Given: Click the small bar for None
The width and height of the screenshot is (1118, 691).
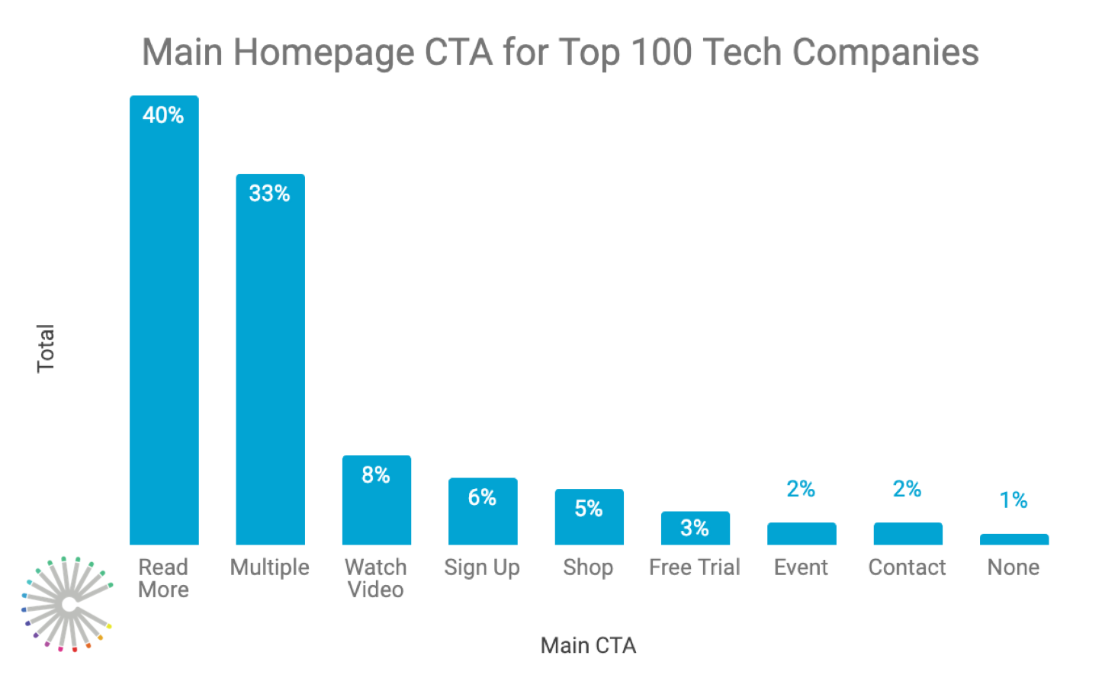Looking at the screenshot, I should (x=1014, y=539).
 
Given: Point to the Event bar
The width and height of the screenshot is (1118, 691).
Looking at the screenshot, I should (x=801, y=534).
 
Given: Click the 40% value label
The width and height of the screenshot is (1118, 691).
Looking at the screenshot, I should (x=163, y=115).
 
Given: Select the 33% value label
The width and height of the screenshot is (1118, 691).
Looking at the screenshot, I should (x=269, y=194).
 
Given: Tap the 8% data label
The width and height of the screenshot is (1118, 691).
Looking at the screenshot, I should (x=376, y=475).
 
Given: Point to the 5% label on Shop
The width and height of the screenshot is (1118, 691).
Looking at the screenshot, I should (x=589, y=509).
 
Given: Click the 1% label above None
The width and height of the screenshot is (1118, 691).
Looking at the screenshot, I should (x=1014, y=500).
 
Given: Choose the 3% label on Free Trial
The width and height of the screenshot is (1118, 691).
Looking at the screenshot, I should (x=695, y=528).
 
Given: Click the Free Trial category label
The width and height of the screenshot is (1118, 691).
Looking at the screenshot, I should (x=695, y=567).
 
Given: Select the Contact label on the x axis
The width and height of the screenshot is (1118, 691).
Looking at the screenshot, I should (x=907, y=567).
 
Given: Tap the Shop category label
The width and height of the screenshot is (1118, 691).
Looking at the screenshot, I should (x=588, y=567).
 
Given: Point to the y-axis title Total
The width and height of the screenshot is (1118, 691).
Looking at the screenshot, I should (x=46, y=349).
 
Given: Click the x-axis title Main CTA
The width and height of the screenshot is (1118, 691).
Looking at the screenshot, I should (x=588, y=645).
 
